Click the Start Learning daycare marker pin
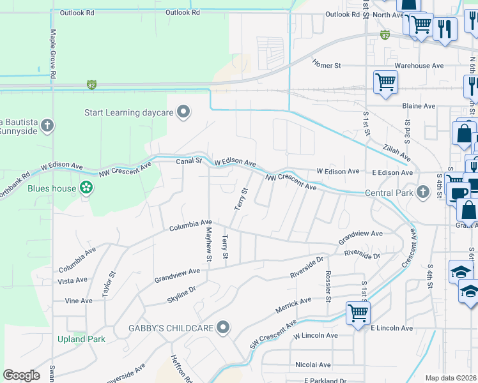183,113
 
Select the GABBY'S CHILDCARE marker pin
222,328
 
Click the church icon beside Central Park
422,192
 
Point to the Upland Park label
81,339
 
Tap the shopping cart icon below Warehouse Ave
385,82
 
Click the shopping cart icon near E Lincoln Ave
358,313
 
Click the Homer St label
327,64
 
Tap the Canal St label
189,161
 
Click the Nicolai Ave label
312,364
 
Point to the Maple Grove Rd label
53,53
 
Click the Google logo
22,375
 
